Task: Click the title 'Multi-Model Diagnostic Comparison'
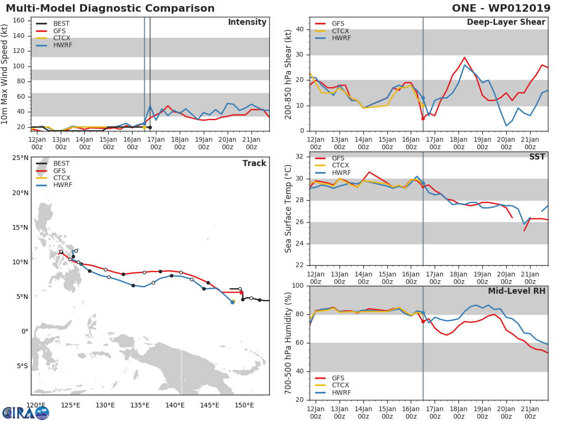[110, 8]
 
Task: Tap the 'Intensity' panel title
[247, 22]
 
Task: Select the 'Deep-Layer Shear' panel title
[506, 22]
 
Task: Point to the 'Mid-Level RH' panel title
[517, 291]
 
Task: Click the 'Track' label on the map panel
[254, 163]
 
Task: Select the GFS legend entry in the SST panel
[338, 159]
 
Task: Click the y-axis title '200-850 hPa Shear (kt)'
[289, 74]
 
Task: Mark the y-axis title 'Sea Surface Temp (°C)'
[289, 209]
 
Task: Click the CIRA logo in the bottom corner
[26, 413]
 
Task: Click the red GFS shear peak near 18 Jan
[464, 58]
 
